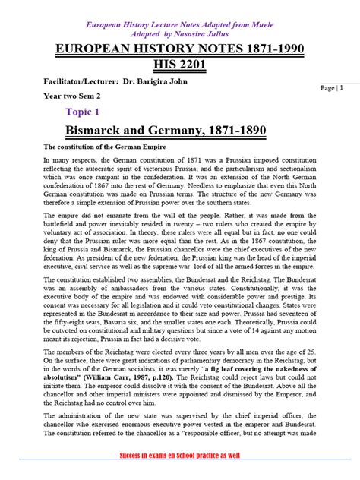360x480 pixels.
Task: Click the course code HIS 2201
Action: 180,65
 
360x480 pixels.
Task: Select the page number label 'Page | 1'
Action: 331,88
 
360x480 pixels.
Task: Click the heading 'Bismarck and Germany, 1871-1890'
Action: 166,131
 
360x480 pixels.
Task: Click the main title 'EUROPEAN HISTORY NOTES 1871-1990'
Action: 179,49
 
